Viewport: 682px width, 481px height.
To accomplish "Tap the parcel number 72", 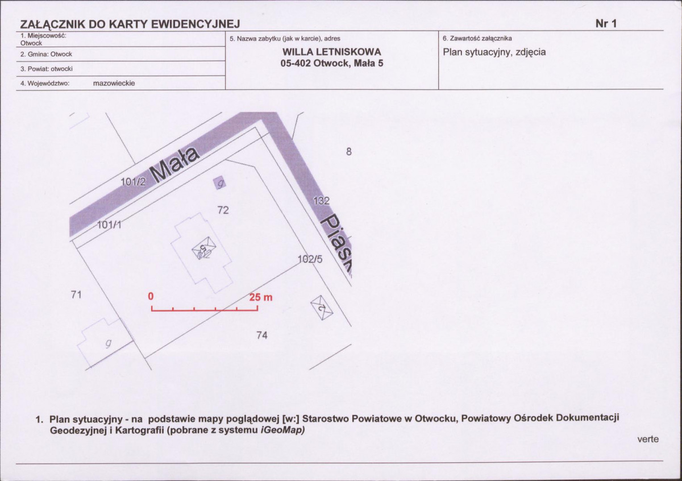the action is point(223,210).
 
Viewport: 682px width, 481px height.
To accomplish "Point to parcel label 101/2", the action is point(134,182).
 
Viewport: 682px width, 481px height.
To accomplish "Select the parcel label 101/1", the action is point(109,225).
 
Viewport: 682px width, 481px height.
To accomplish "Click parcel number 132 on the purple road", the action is point(322,201).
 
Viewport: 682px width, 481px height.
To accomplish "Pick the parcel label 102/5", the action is point(310,259).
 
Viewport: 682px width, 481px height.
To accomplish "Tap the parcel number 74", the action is point(262,335).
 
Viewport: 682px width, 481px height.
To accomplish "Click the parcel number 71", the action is point(76,295).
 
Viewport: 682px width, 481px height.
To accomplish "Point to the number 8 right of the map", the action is point(349,151).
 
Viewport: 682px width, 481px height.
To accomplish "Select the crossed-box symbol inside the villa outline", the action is point(204,248).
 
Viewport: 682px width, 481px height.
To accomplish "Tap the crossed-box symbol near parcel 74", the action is point(322,308).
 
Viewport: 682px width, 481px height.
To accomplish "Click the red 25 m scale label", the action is point(261,297).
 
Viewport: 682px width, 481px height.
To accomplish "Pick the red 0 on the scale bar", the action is point(151,296).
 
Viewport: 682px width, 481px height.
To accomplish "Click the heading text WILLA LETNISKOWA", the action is point(332,52).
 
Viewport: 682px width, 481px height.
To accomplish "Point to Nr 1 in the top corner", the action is point(606,23).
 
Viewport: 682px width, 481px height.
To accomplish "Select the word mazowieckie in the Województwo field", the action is point(114,83).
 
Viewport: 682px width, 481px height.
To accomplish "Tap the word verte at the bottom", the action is point(648,439).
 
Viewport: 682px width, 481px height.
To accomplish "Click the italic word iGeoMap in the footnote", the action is point(283,430).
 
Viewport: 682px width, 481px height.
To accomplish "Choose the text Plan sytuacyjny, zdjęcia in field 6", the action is point(494,52).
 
